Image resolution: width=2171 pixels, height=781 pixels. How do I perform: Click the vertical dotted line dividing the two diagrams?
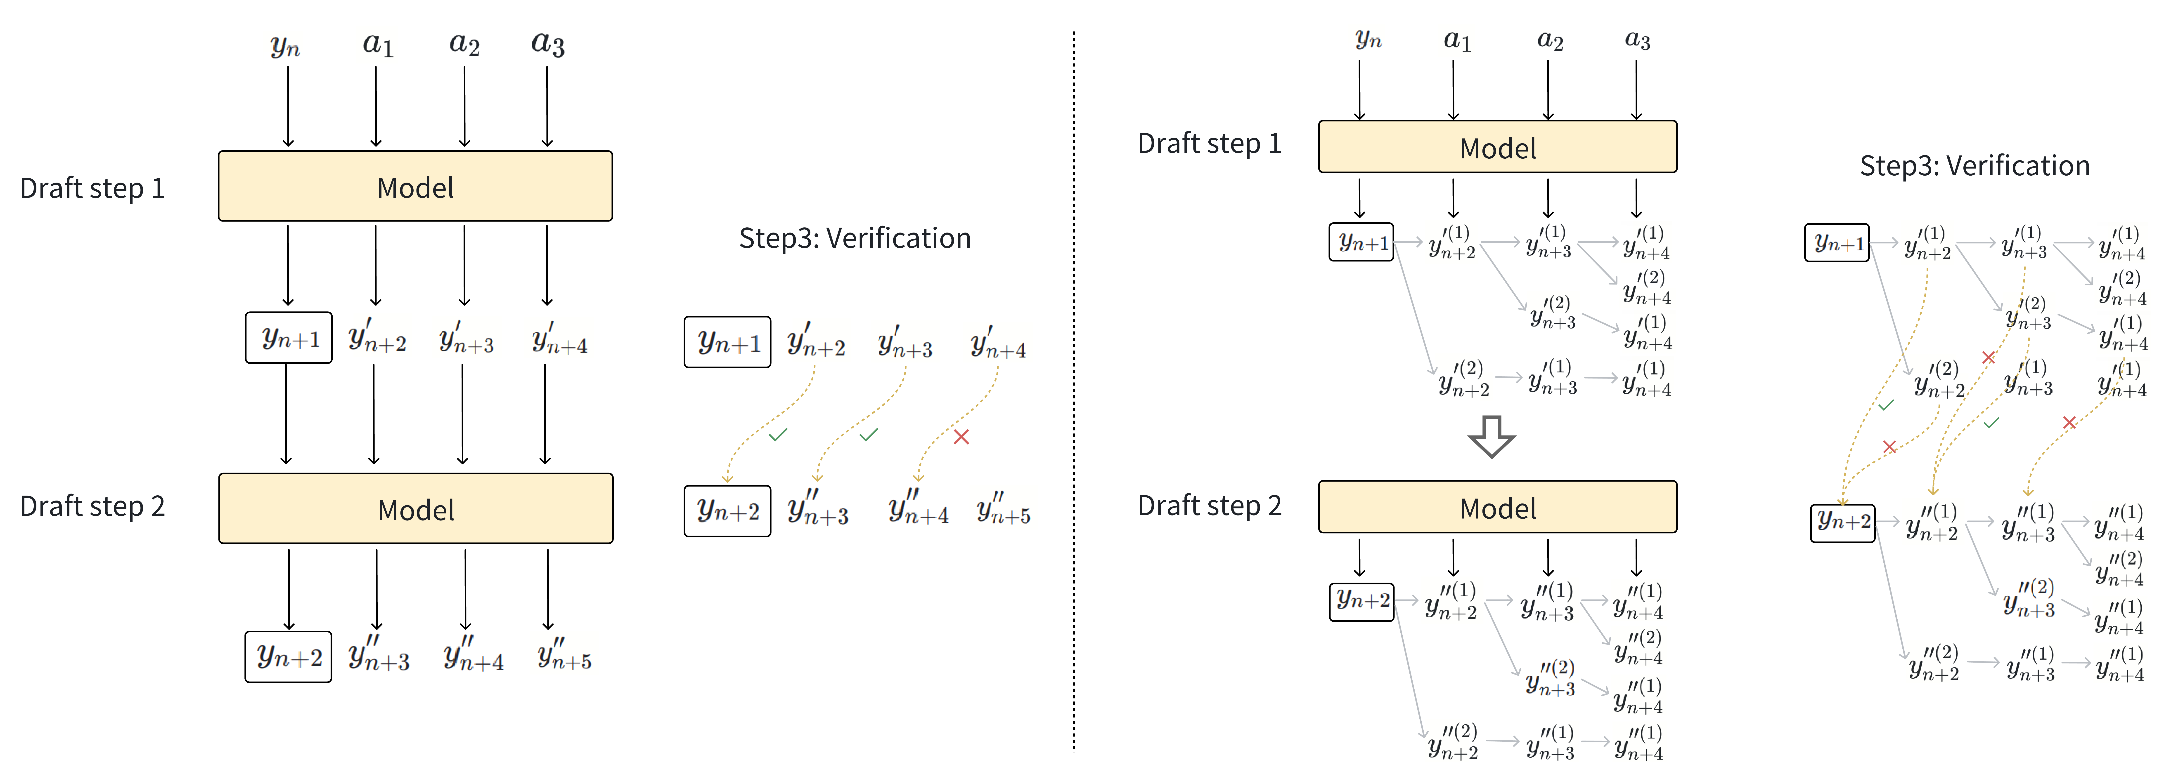click(1074, 388)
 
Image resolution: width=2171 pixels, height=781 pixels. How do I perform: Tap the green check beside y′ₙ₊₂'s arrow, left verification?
click(778, 435)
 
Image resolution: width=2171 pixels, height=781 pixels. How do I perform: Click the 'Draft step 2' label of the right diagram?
click(1209, 506)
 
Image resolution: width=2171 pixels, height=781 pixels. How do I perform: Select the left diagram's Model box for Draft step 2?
click(415, 509)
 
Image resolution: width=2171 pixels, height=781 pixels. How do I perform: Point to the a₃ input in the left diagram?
click(548, 44)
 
